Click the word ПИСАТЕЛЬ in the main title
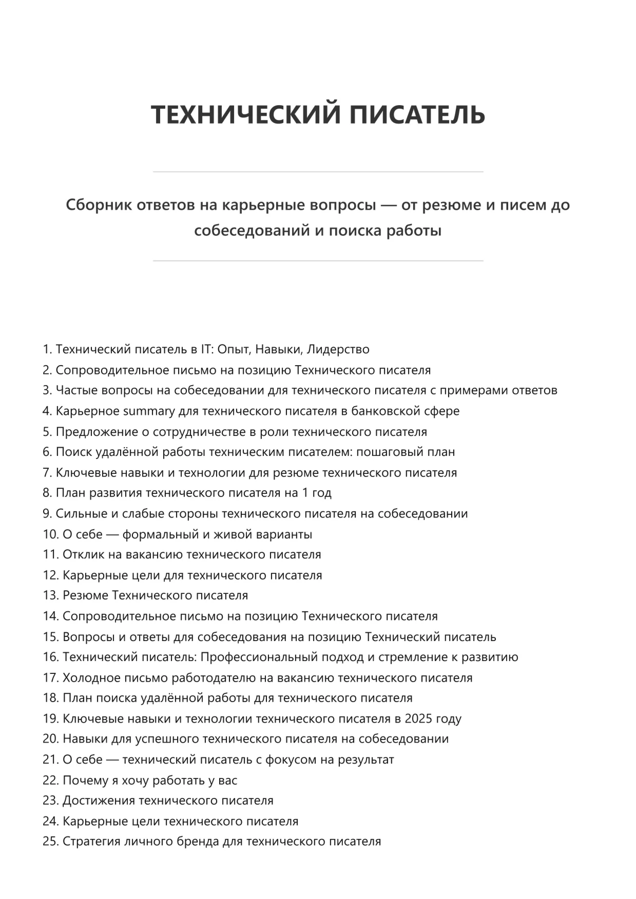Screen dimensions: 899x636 coord(417,114)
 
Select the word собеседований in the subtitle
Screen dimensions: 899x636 coord(252,231)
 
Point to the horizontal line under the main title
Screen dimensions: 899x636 coord(318,172)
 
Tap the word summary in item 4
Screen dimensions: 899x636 coord(149,411)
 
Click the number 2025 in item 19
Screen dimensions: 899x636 coord(418,719)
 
